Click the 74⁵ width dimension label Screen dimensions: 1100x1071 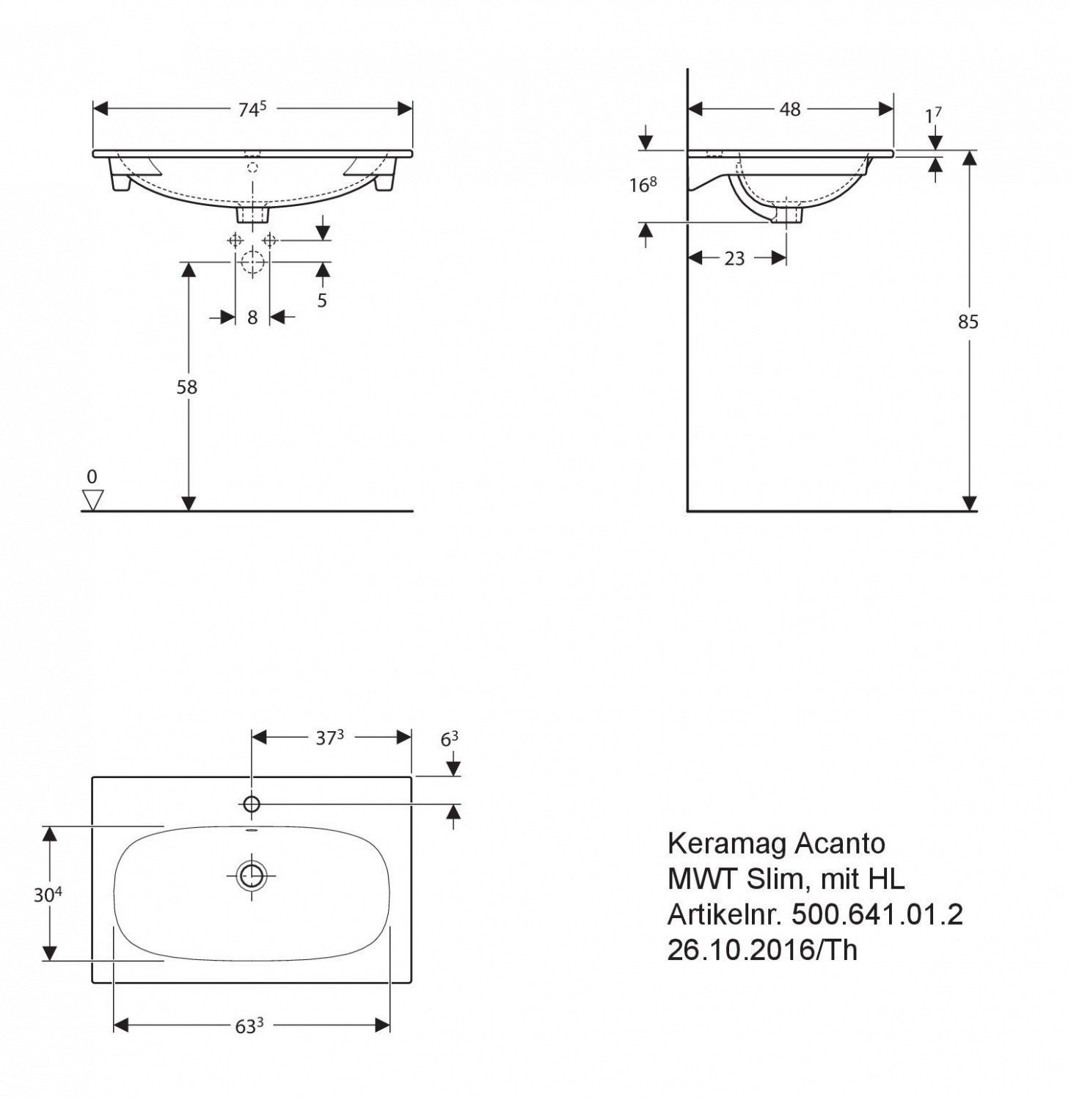click(x=251, y=109)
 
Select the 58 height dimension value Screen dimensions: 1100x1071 click(x=187, y=386)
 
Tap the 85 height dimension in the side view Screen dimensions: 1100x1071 click(x=968, y=321)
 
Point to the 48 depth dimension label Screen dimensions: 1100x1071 click(x=790, y=109)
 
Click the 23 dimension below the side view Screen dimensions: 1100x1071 click(x=734, y=258)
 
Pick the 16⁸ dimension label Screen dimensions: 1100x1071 click(x=643, y=185)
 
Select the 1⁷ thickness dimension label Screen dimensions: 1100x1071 click(x=933, y=116)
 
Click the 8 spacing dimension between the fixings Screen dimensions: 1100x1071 click(x=252, y=318)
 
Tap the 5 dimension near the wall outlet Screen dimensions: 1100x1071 click(x=322, y=300)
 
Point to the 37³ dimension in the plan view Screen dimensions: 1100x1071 click(x=330, y=738)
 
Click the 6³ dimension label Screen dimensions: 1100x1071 click(x=450, y=739)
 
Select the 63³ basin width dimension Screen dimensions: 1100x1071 click(x=249, y=1026)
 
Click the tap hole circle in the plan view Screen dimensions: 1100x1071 click(x=252, y=804)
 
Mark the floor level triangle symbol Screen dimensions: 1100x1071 click(x=92, y=500)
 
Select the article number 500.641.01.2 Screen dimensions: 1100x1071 click(x=877, y=914)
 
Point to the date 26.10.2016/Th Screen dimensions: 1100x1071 click(x=761, y=950)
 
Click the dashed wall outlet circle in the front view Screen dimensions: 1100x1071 click(x=252, y=261)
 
